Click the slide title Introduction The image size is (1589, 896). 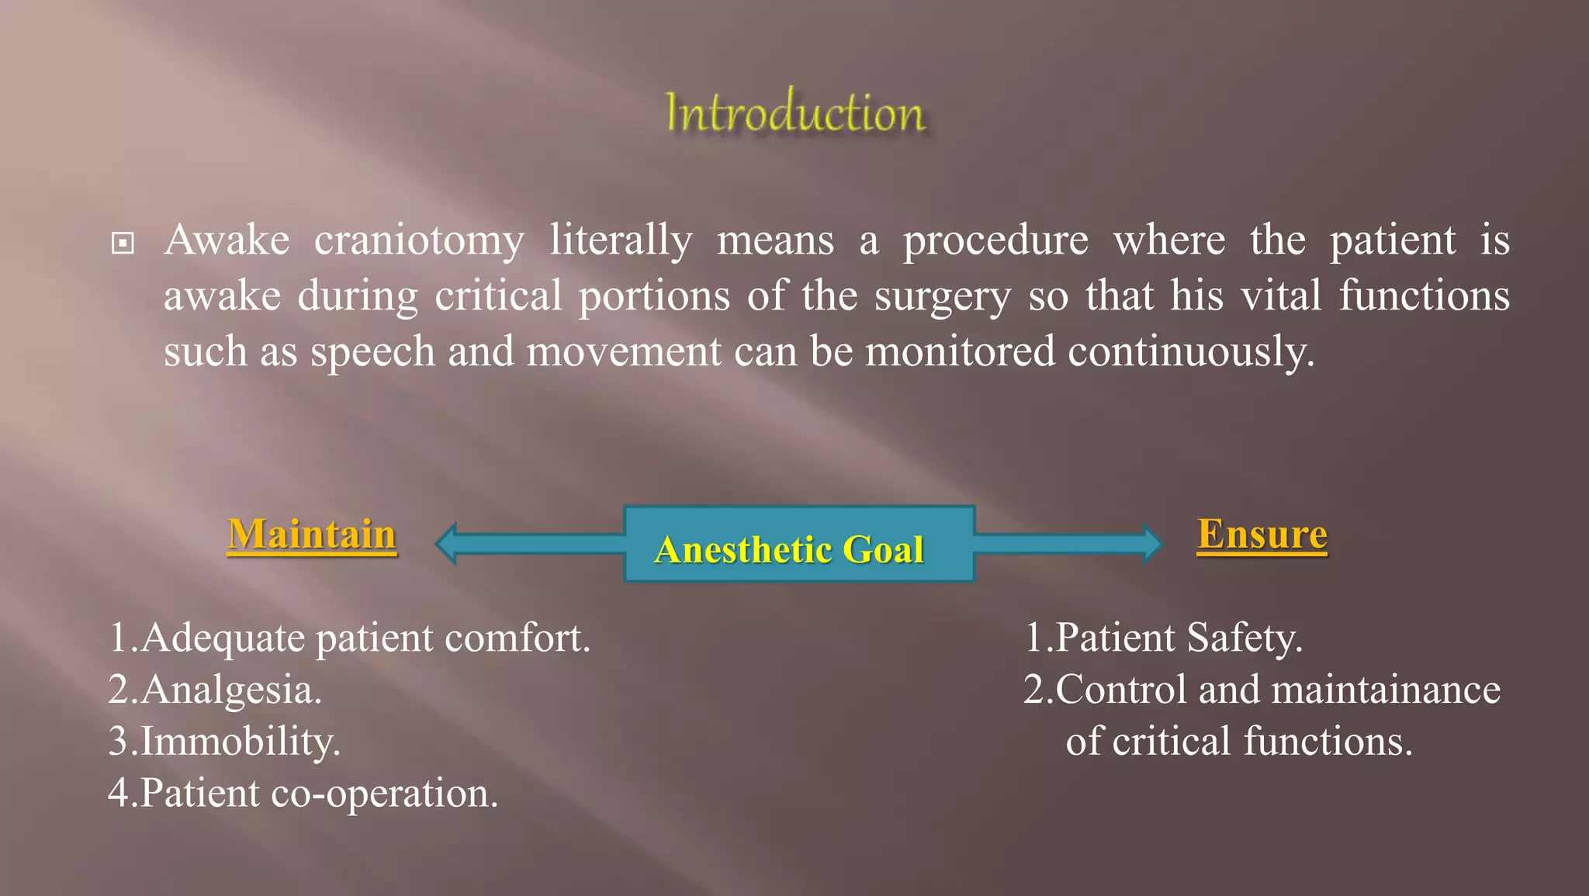[795, 113]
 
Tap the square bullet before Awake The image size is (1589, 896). [123, 244]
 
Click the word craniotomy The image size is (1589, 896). [419, 240]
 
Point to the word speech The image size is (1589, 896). [373, 352]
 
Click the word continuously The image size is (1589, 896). [1191, 352]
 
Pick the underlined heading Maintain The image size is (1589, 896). [312, 534]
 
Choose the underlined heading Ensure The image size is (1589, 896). [1262, 534]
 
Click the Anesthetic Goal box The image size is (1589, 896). [799, 545]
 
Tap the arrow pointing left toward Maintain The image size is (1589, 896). [528, 543]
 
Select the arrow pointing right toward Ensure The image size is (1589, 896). [1071, 543]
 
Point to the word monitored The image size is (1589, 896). [960, 352]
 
